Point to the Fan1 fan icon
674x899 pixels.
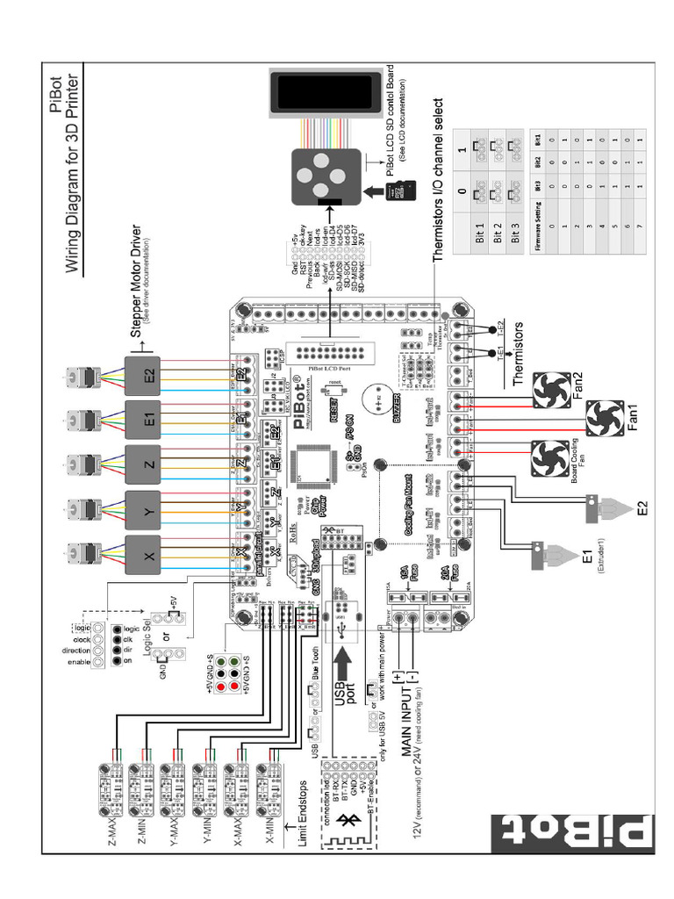pyautogui.click(x=604, y=420)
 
